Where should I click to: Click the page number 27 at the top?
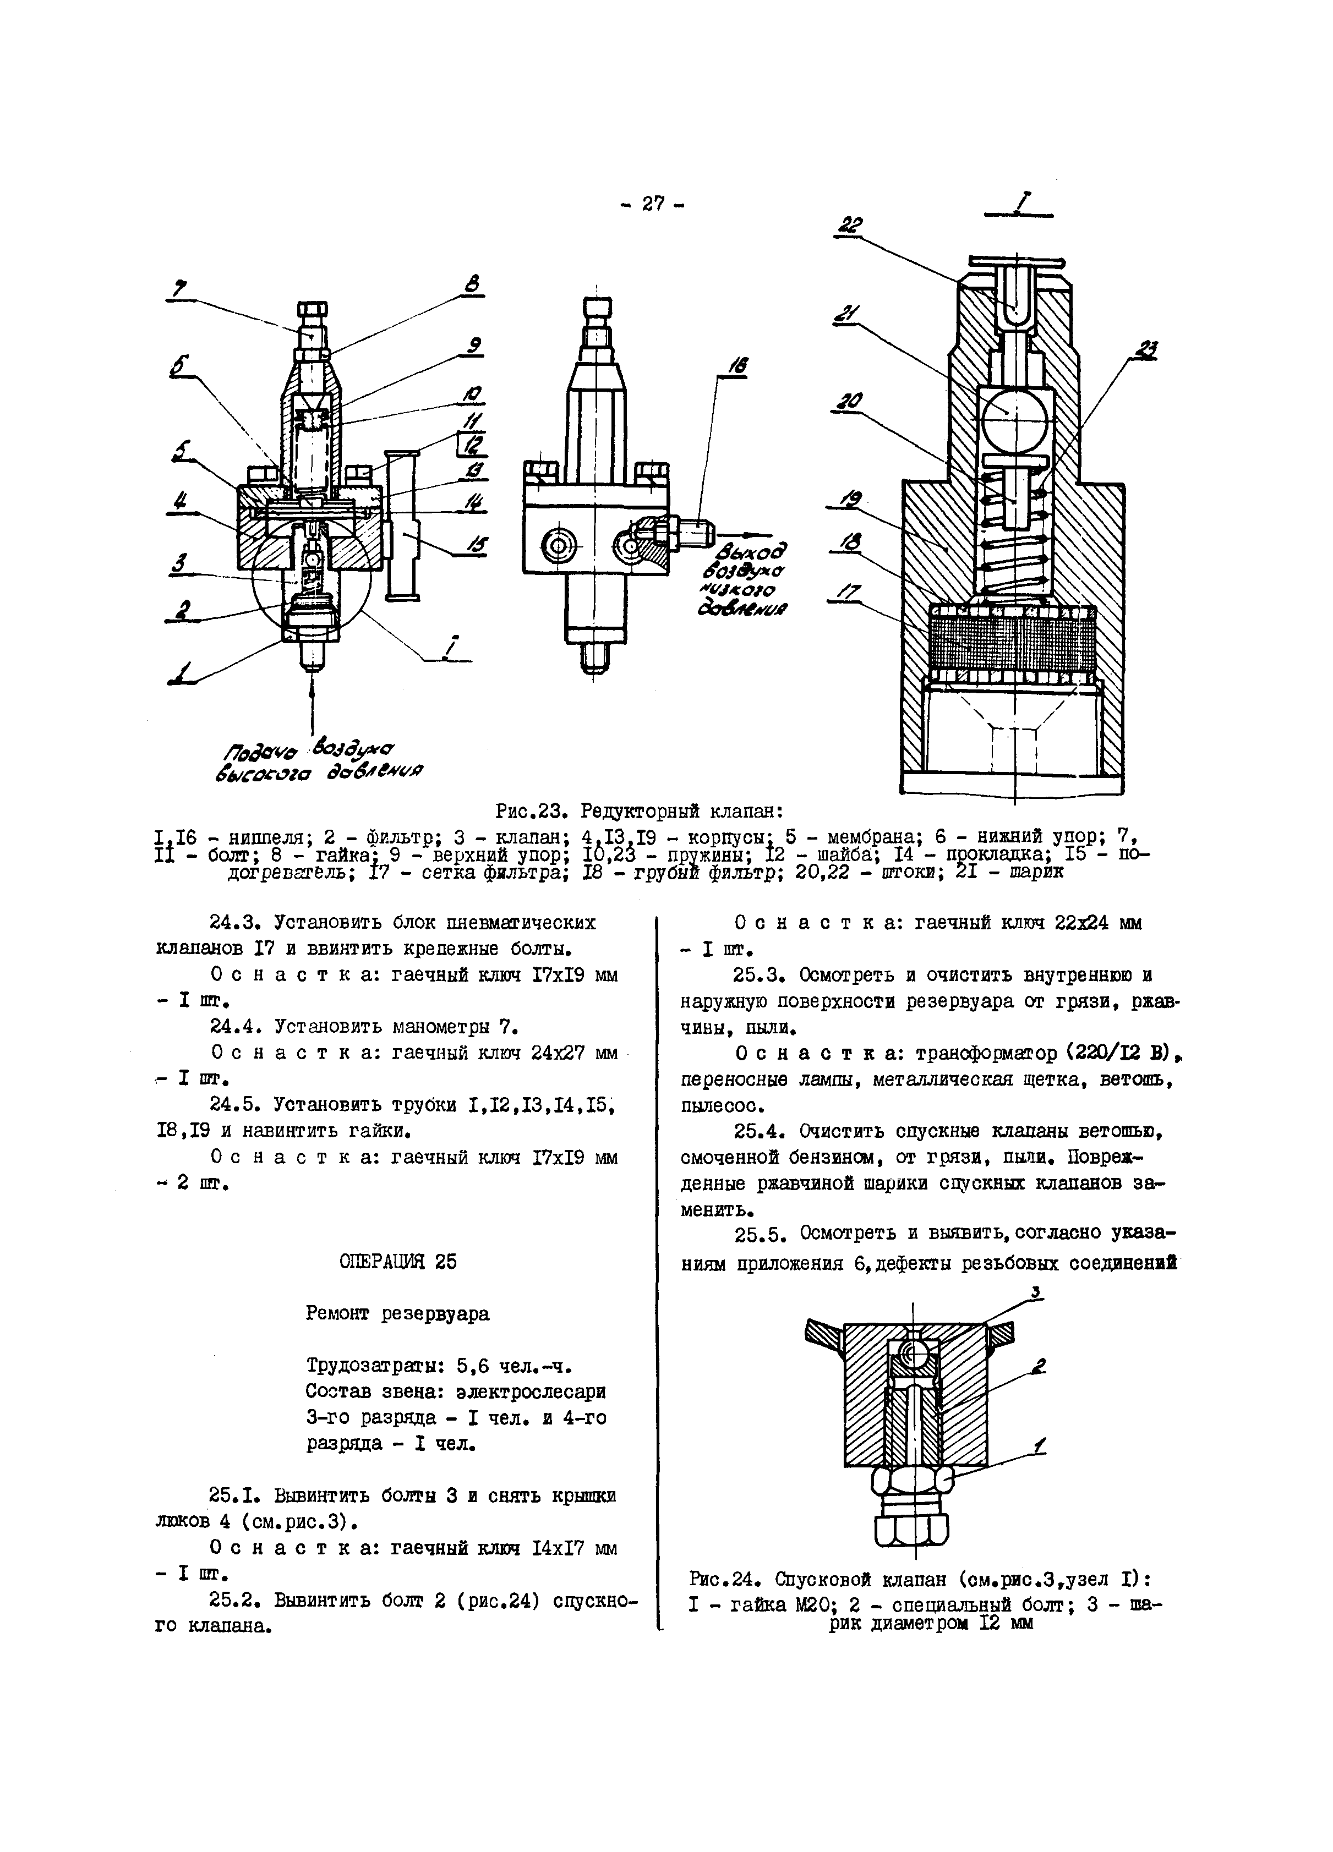pyautogui.click(x=653, y=204)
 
